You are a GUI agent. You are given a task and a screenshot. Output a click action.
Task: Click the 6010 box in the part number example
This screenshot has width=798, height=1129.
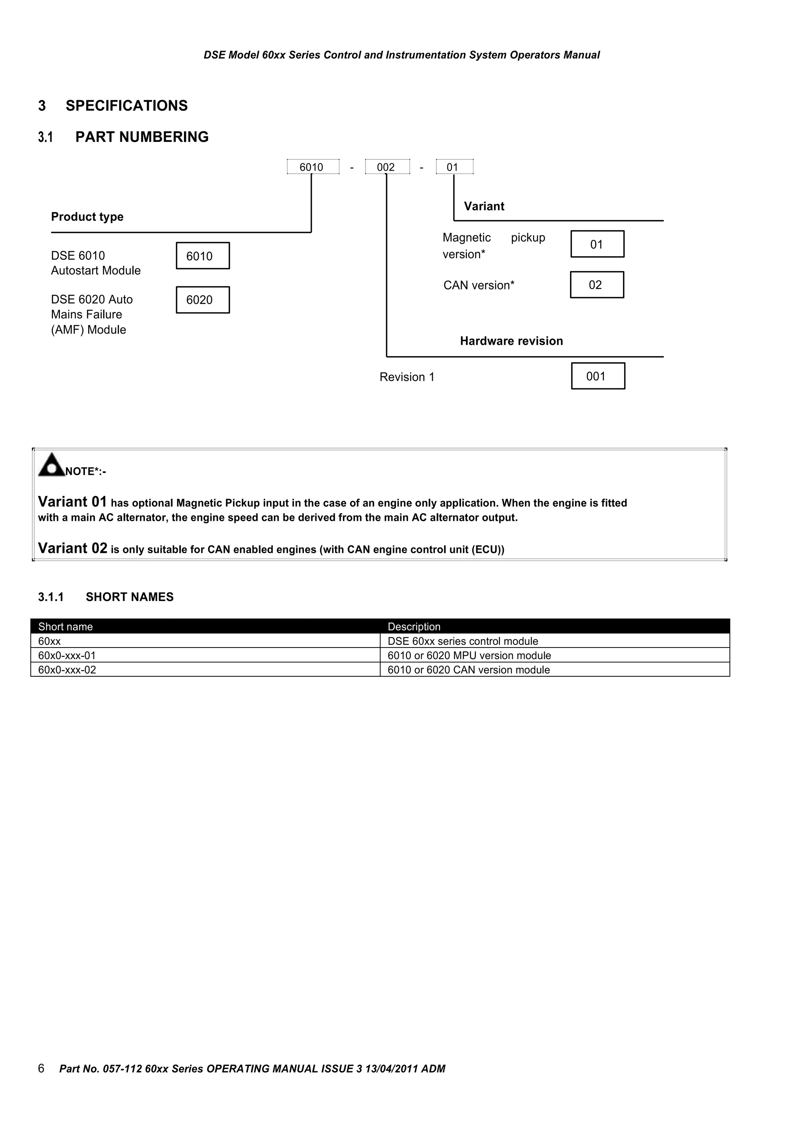click(x=313, y=167)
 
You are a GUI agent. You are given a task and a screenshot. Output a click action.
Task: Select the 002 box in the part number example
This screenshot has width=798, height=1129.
click(x=387, y=167)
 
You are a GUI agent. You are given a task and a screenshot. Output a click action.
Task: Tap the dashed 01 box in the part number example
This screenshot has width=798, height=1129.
click(x=454, y=167)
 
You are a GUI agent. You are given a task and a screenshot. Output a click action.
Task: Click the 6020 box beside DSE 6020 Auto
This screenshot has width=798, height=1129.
click(x=203, y=300)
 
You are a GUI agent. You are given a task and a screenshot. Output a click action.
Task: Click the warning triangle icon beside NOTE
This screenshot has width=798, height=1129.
click(x=51, y=465)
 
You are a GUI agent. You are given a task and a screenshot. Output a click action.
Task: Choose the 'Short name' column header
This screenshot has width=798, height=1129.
click(x=65, y=626)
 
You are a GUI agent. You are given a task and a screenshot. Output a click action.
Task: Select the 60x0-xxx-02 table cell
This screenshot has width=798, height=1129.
click(x=67, y=670)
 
